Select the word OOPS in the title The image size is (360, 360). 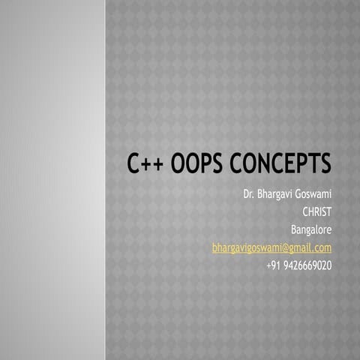pyautogui.click(x=199, y=163)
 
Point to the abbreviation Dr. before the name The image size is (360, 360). pyautogui.click(x=250, y=195)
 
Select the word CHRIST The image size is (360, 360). pyautogui.click(x=316, y=212)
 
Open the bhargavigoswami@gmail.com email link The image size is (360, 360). pyautogui.click(x=271, y=247)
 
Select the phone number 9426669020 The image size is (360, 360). pyautogui.click(x=309, y=265)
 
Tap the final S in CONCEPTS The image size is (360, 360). pyautogui.click(x=325, y=163)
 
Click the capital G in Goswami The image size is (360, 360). pyautogui.click(x=301, y=195)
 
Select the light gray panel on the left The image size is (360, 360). pyautogui.click(x=52, y=180)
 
